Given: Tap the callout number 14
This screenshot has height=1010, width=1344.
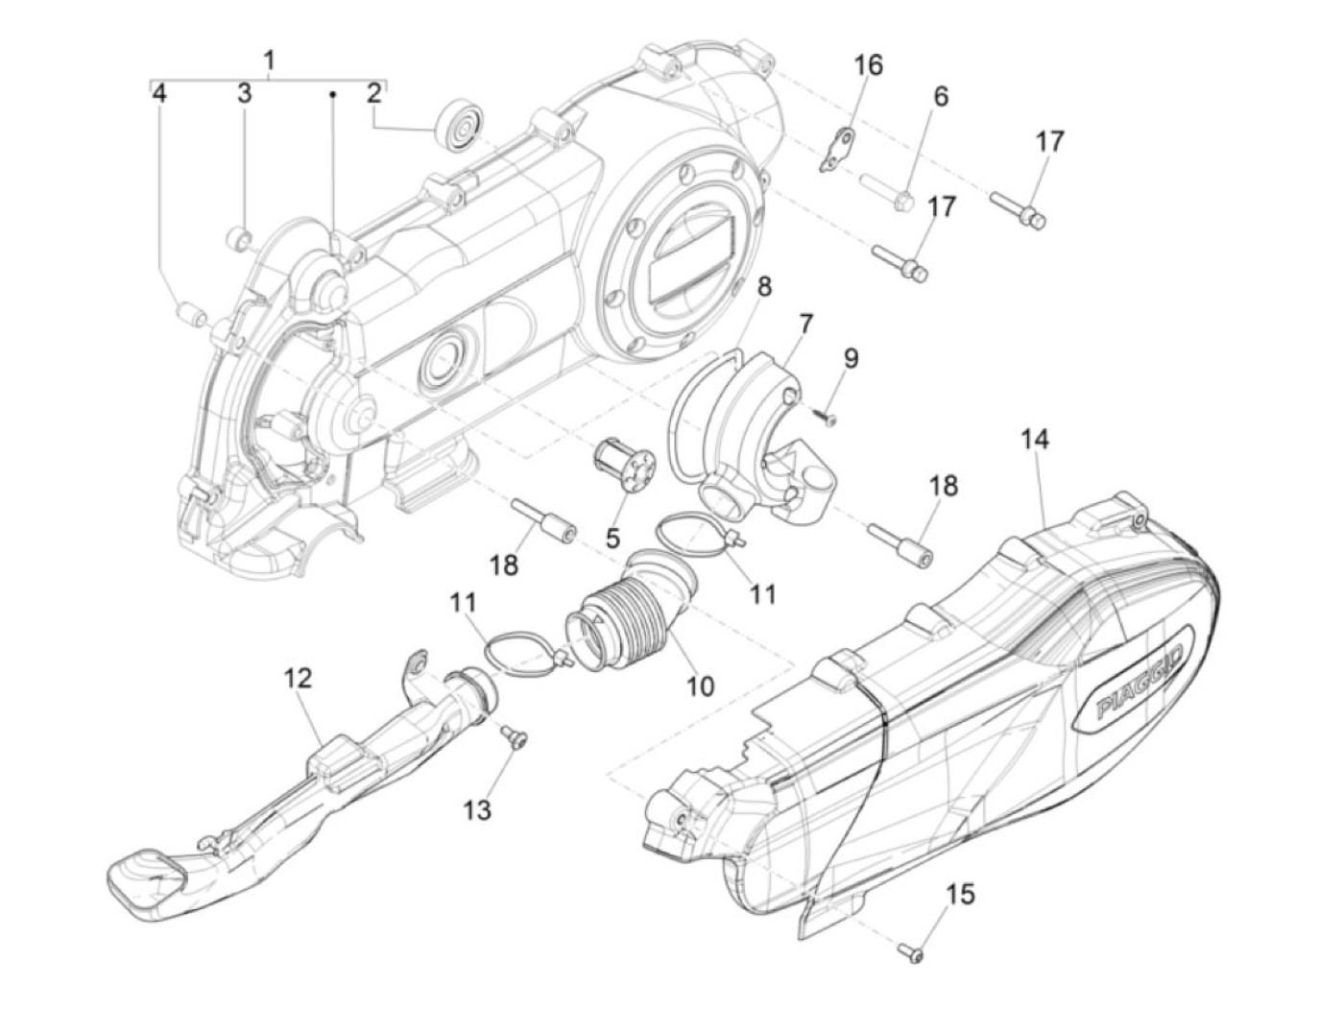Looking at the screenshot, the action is (1035, 440).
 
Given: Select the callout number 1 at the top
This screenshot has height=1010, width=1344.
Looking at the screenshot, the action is (269, 60).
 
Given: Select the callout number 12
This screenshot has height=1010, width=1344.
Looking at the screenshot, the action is (298, 678).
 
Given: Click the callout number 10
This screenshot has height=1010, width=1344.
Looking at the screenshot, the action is (700, 686).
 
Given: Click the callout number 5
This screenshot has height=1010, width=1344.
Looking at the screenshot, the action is (612, 538).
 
